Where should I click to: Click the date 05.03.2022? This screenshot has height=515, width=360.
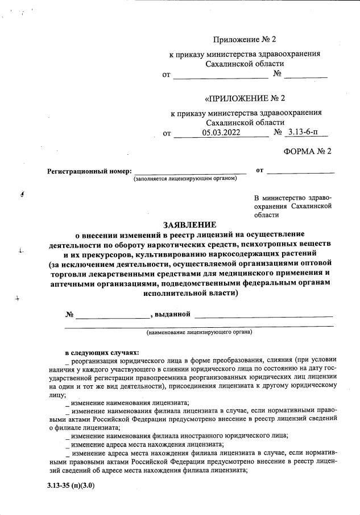(221, 133)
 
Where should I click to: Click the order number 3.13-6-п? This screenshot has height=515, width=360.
(305, 133)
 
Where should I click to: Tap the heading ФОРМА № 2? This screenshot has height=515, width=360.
(307, 151)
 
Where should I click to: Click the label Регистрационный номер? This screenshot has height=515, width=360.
(89, 171)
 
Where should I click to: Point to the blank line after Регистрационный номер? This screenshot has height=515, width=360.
(190, 171)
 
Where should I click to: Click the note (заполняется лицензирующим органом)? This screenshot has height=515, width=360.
(185, 179)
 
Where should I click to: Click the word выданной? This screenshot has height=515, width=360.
(173, 314)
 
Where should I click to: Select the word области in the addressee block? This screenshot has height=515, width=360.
(267, 215)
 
